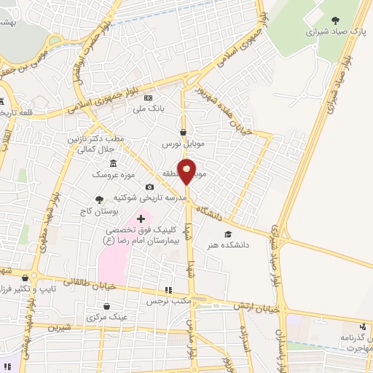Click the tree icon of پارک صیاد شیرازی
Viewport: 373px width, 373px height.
coord(334,21)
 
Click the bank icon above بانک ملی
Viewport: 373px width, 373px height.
coord(148,97)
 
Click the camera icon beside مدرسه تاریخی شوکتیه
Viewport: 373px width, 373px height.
coord(150,186)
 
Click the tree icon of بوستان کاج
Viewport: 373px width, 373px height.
coord(100,199)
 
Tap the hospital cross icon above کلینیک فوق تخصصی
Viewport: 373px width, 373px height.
coord(141,219)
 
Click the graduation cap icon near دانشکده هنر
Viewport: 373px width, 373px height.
coord(228,235)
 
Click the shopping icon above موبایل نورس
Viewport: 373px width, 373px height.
coord(181,133)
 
